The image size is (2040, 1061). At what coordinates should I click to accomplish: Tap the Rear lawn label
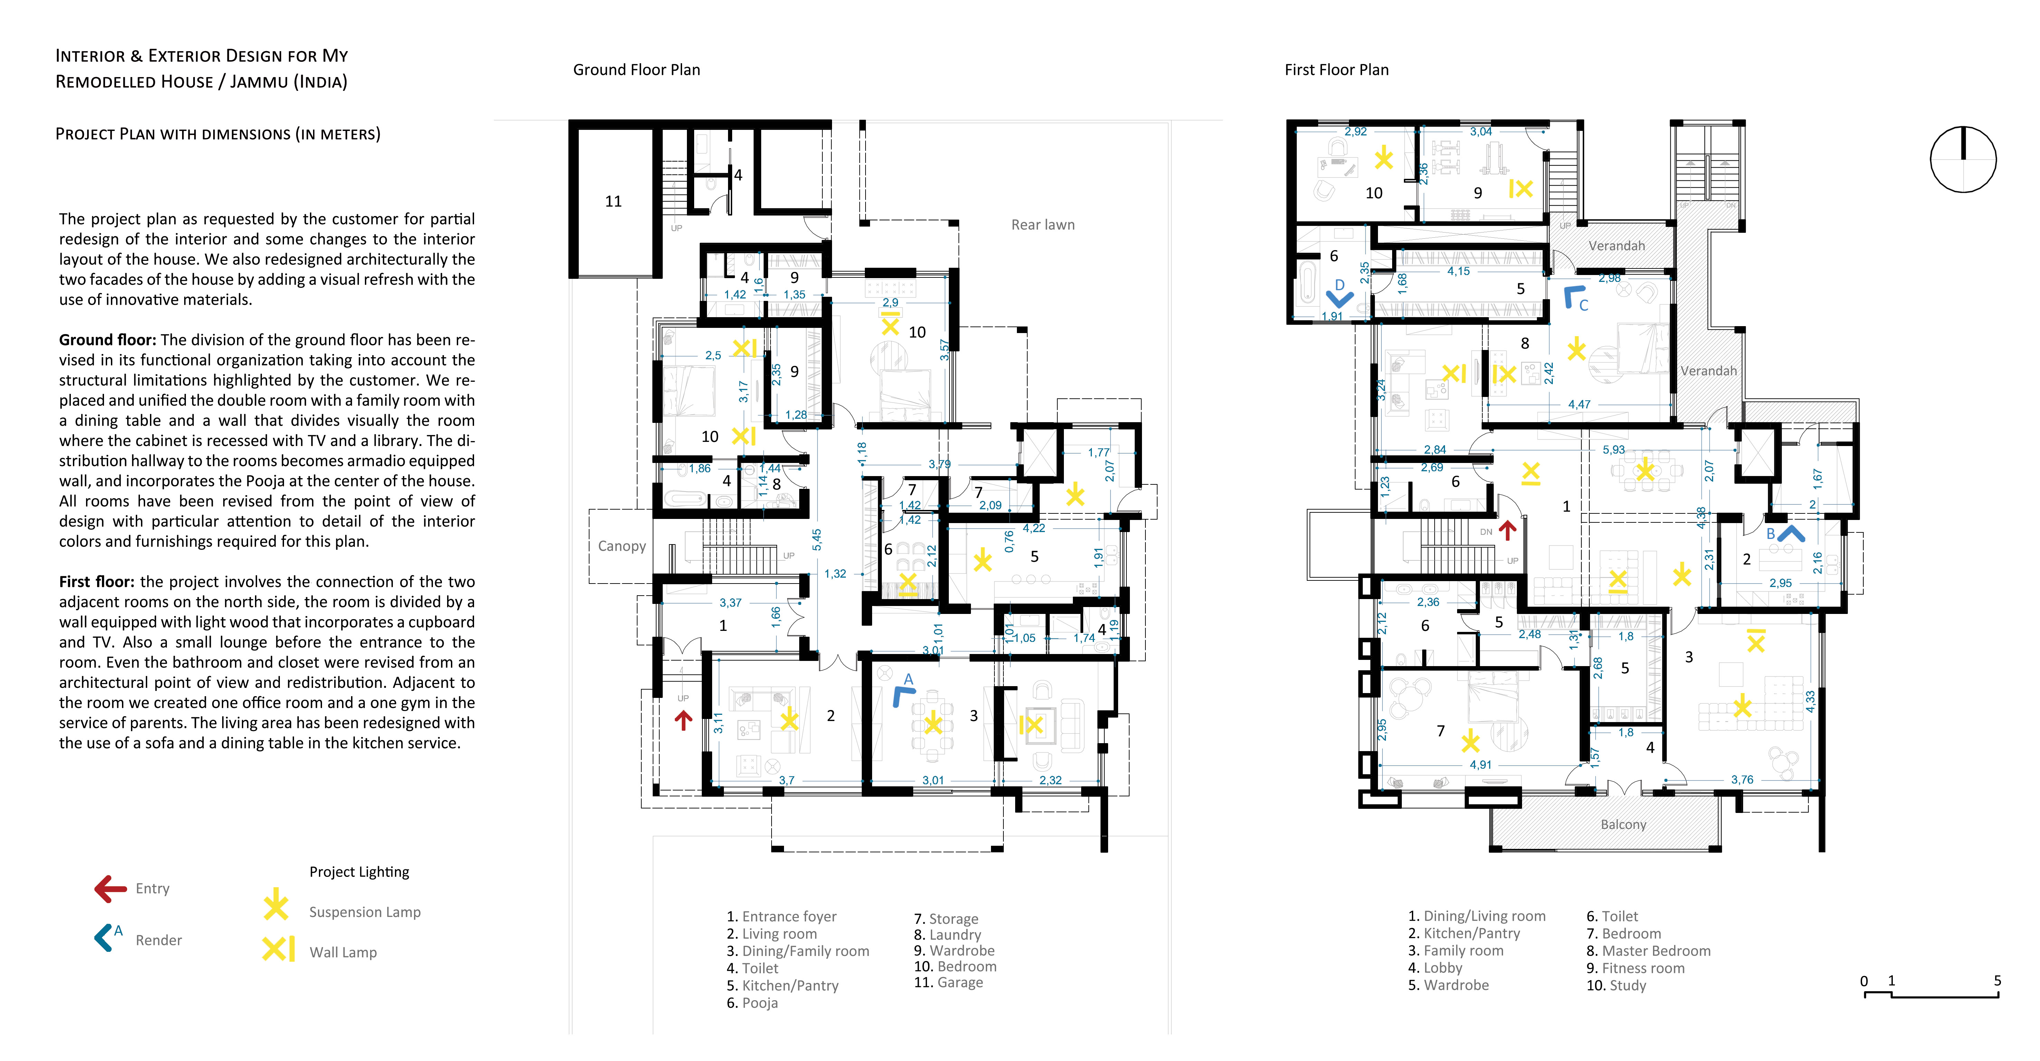click(x=1043, y=225)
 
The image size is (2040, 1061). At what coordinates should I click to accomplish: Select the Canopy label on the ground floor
click(x=622, y=546)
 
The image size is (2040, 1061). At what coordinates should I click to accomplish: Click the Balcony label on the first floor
click(x=1623, y=824)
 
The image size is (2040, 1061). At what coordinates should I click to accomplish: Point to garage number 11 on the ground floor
click(x=614, y=201)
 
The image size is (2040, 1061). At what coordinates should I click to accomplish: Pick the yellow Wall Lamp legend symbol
click(x=279, y=949)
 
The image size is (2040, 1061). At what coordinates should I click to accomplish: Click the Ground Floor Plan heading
click(x=637, y=70)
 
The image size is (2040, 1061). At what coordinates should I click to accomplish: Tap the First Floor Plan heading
click(x=1337, y=70)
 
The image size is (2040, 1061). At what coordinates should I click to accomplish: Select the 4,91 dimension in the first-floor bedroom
click(x=1480, y=765)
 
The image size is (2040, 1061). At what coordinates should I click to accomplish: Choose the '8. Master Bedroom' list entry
click(x=1648, y=951)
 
